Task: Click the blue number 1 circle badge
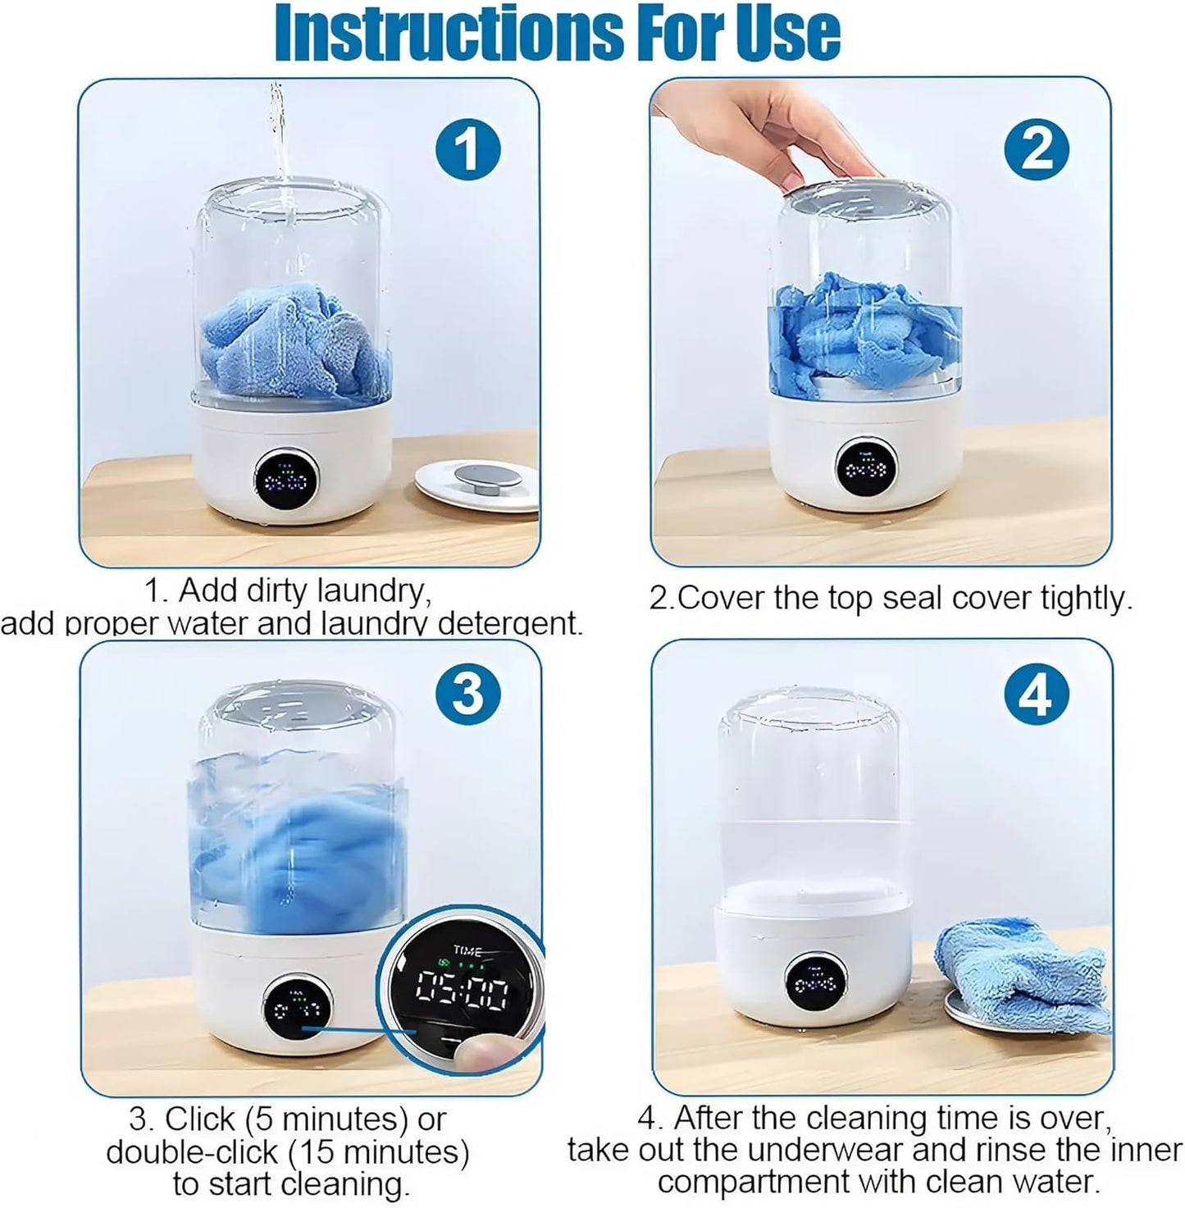click(467, 149)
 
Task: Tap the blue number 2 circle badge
click(1037, 148)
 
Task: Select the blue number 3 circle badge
click(468, 694)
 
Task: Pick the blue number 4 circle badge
click(1037, 694)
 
